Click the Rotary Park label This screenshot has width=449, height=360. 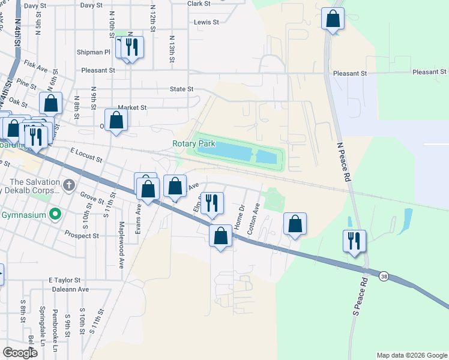coord(193,144)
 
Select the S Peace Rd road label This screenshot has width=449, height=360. coord(360,296)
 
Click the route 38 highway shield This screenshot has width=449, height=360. coord(384,276)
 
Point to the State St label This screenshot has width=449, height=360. coord(181,89)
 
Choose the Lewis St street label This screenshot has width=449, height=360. coord(206,22)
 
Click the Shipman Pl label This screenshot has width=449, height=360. coord(94,52)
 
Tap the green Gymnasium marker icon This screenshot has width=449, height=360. coord(56,214)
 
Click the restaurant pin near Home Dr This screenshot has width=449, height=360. coord(211,203)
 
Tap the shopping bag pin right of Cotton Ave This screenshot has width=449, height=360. coord(295,224)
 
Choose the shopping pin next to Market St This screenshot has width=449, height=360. coord(116,119)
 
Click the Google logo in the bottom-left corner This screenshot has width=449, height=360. coord(20,353)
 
